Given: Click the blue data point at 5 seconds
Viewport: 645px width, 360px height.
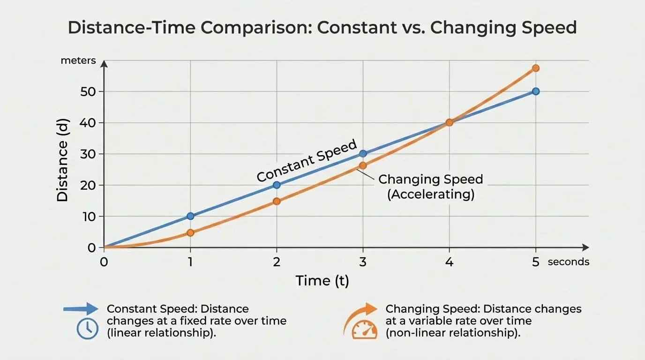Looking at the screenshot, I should pos(536,91).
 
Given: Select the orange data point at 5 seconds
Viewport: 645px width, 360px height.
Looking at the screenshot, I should pos(536,68).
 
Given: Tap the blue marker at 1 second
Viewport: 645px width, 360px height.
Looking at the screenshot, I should pos(190,216).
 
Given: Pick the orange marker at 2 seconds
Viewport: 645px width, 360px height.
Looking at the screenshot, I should pos(277,201).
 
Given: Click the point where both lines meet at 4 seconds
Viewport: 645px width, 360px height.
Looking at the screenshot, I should pos(449,122).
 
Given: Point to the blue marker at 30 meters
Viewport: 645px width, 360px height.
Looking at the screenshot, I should pos(363,154).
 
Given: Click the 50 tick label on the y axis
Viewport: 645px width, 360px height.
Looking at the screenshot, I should pos(88,91).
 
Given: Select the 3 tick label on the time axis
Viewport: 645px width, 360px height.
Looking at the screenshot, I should pos(363,262).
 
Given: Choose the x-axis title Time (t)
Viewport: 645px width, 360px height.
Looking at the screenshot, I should pos(322,280).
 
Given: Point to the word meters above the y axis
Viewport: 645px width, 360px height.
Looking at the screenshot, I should pos(78,60).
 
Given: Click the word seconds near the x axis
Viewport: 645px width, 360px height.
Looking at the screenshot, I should pos(568,262).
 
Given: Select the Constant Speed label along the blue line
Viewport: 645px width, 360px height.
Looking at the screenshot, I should pos(307,161).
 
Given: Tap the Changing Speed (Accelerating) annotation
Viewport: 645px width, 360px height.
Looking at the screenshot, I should pos(430,187).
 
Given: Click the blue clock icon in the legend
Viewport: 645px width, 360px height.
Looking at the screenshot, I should pos(88,328).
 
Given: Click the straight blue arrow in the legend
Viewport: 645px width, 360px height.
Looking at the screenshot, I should pos(81,309).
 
